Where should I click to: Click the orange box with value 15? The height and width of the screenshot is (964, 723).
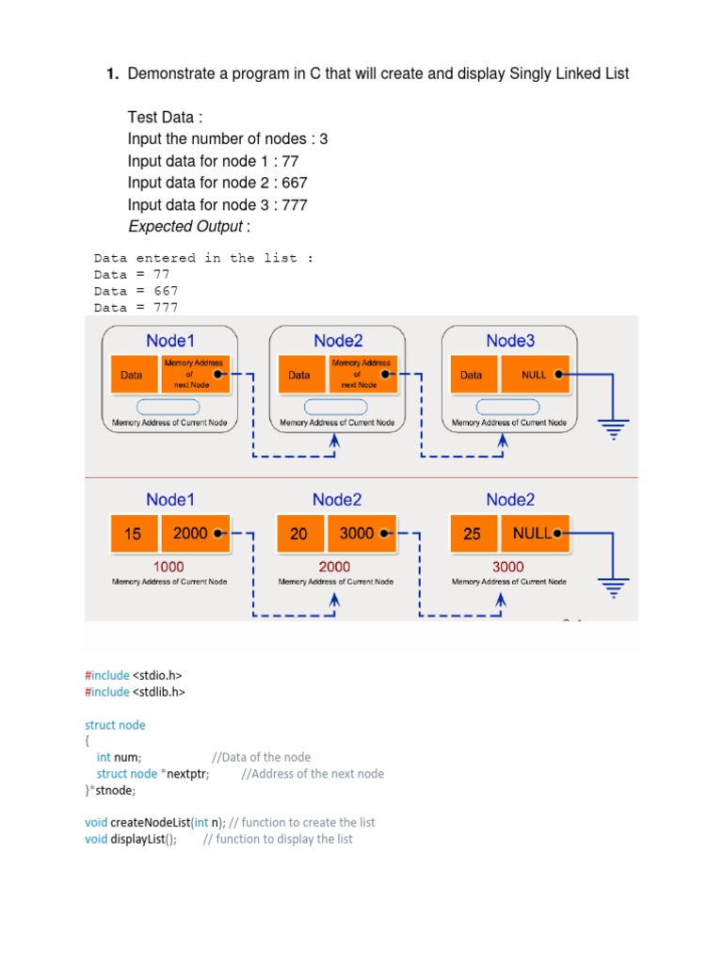coord(134,534)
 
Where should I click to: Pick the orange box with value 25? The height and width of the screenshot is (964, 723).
coord(473,534)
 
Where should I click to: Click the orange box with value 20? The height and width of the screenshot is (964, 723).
coord(299,534)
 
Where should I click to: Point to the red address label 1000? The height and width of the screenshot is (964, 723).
coord(169,567)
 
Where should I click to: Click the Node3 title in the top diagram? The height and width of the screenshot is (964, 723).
coord(509,340)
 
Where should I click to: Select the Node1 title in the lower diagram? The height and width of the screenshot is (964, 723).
coord(170,500)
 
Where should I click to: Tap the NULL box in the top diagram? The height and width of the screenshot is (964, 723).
coord(535,374)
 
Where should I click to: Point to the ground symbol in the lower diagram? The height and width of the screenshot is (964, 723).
coord(614,589)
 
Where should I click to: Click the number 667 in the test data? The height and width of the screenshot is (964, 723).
coord(294,183)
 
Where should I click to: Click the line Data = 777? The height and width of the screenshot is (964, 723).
coord(136,308)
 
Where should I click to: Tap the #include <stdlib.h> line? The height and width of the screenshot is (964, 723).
coord(135,692)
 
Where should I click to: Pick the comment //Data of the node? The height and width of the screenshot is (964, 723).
coord(261,757)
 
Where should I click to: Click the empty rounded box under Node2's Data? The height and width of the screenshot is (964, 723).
coord(336,407)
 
